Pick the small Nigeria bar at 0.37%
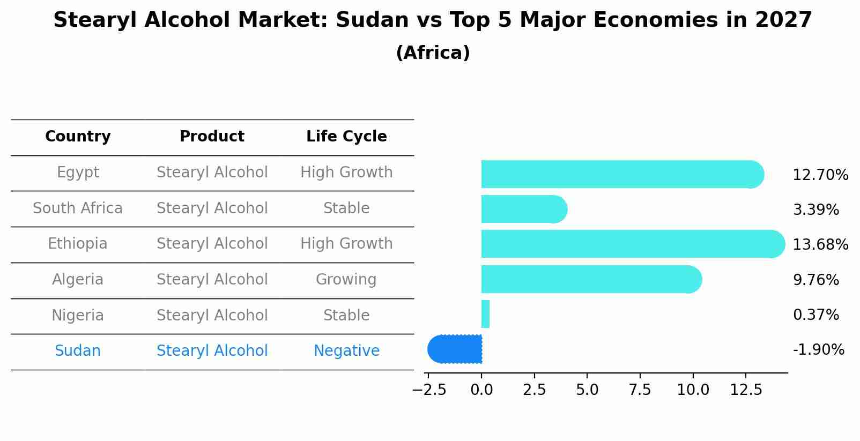pyautogui.click(x=485, y=314)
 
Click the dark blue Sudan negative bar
pyautogui.click(x=456, y=349)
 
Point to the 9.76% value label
pyautogui.click(x=815, y=280)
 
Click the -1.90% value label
pyautogui.click(x=818, y=350)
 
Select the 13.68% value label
pyautogui.click(x=820, y=245)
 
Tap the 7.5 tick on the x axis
pyautogui.click(x=640, y=390)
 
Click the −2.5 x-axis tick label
pyautogui.click(x=429, y=390)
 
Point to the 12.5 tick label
pyautogui.click(x=746, y=390)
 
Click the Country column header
pyautogui.click(x=78, y=137)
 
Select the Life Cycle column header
pyautogui.click(x=346, y=137)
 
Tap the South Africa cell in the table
pyautogui.click(x=78, y=208)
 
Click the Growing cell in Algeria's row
pyautogui.click(x=346, y=280)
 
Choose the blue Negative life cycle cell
pyautogui.click(x=346, y=351)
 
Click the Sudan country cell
pyautogui.click(x=78, y=351)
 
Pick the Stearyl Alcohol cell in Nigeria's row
pyautogui.click(x=212, y=316)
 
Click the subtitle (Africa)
pyautogui.click(x=433, y=53)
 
